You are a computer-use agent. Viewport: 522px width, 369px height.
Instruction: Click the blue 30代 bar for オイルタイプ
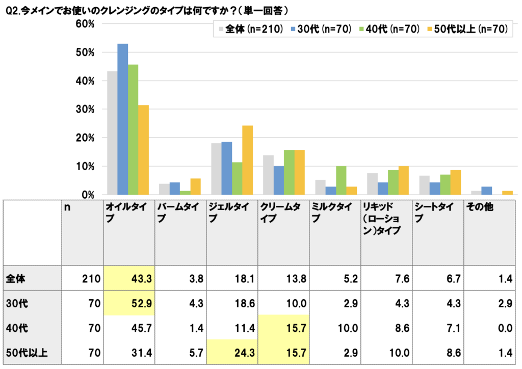pos(122,119)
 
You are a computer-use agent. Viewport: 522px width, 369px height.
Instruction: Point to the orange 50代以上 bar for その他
pos(507,193)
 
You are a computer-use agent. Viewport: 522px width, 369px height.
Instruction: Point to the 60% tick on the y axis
pos(84,24)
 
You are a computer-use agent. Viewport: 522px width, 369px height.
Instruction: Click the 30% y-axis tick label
pos(84,109)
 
